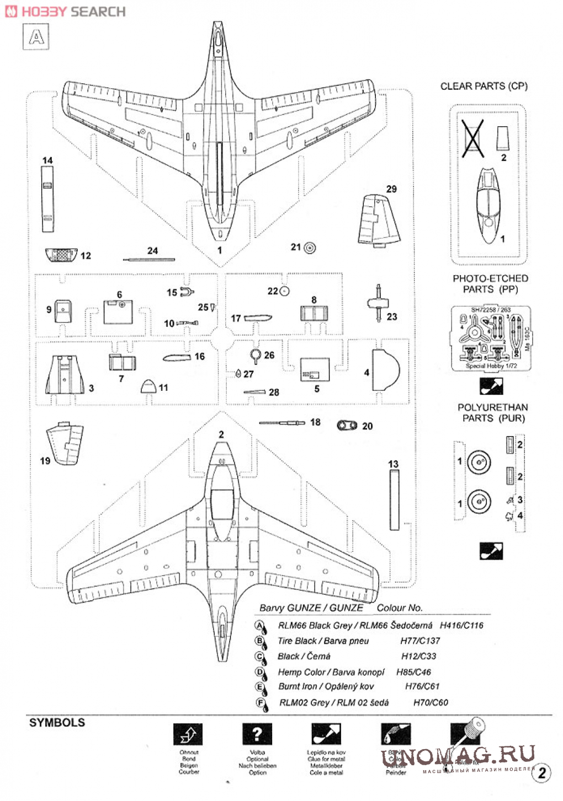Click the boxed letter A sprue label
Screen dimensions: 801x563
pos(36,37)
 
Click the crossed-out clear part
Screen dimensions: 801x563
pos(473,137)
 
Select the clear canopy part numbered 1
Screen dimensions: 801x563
pos(488,205)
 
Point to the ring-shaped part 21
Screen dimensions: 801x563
pos(310,248)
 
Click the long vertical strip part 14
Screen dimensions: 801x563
pos(47,198)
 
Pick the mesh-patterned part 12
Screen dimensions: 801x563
pos(61,255)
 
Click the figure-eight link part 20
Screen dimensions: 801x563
pos(347,426)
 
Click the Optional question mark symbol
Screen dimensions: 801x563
pos(257,734)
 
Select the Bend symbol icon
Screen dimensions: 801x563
pos(188,734)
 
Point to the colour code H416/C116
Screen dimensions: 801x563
pos(461,625)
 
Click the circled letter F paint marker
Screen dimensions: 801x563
pos(260,703)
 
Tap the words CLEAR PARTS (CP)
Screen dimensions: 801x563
pos(484,86)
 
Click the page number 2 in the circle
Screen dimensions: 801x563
pos(541,773)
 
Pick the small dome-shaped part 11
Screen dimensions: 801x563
pos(148,386)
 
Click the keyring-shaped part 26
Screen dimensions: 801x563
pos(256,356)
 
